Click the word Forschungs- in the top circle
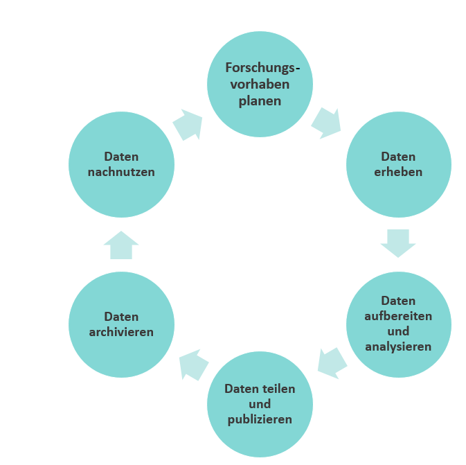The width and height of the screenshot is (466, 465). click(262, 68)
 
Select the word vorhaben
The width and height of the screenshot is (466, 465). click(260, 84)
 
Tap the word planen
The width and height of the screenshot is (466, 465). click(260, 101)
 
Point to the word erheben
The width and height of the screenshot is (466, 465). click(398, 172)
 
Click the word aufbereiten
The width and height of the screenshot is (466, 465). click(398, 316)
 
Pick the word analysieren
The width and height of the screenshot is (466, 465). click(398, 347)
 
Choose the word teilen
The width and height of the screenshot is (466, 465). click(277, 389)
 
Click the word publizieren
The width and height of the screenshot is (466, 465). click(260, 420)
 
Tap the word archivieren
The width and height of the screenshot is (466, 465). click(121, 332)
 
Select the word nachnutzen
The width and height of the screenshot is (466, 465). click(121, 172)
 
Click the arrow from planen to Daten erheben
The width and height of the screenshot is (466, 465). click(326, 123)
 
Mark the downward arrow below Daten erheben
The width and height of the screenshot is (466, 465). click(398, 243)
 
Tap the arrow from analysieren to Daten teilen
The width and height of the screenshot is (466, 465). click(332, 363)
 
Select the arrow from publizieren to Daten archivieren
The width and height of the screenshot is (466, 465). click(194, 365)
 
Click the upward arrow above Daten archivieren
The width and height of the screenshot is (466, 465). click(121, 245)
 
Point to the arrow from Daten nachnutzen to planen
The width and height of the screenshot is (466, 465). click(188, 125)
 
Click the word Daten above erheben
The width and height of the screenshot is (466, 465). click(398, 157)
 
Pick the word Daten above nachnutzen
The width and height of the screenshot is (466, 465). click(121, 157)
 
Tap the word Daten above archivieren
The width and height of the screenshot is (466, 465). click(121, 317)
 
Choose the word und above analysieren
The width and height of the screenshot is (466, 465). click(398, 331)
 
